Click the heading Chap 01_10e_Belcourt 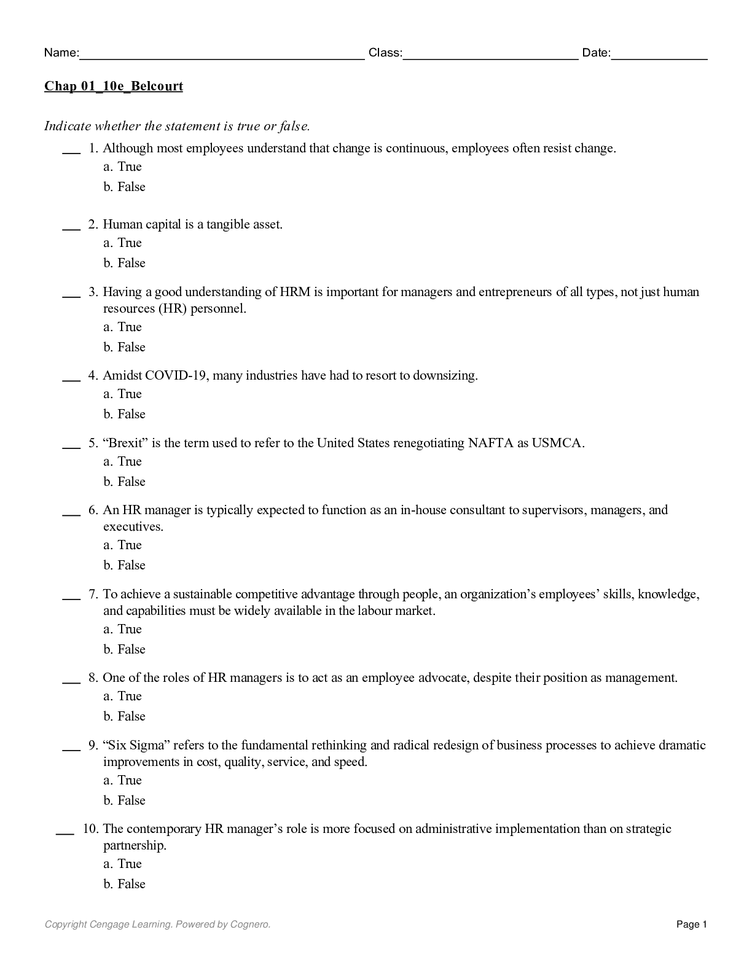114,86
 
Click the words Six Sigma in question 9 136,745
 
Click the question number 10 90,829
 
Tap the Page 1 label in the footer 692,924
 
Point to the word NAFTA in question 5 490,443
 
